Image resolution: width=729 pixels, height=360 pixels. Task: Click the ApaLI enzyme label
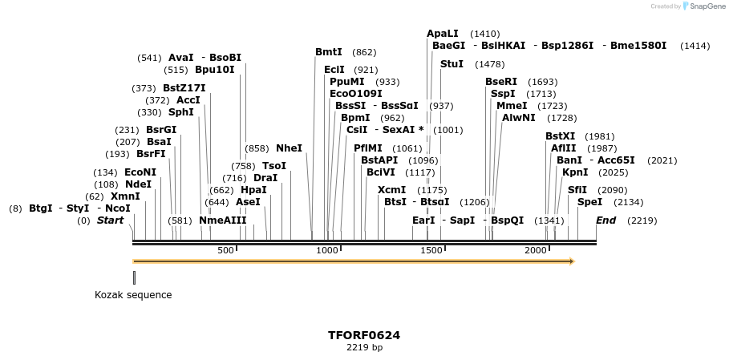(x=443, y=34)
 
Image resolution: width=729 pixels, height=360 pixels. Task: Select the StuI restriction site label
(x=452, y=64)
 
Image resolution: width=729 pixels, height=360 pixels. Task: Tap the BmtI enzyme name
(x=329, y=52)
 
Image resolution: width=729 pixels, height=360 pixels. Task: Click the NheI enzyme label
(x=289, y=148)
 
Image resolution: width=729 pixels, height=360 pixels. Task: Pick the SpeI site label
(x=589, y=202)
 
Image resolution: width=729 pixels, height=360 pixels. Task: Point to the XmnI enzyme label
(x=125, y=196)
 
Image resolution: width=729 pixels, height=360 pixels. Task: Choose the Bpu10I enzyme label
(x=215, y=70)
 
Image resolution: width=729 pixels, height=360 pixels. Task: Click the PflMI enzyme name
(x=368, y=148)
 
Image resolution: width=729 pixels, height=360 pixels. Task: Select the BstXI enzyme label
(x=560, y=136)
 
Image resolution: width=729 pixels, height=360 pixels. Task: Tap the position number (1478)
(x=489, y=64)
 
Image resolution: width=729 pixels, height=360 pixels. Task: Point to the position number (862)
(x=364, y=52)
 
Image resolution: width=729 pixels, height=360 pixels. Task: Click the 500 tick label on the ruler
(x=225, y=251)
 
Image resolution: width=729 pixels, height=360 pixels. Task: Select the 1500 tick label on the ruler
(x=431, y=251)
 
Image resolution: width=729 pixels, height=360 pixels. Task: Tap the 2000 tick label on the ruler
(x=535, y=251)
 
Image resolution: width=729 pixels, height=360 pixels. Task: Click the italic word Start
(x=111, y=220)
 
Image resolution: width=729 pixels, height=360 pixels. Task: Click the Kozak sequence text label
(x=133, y=294)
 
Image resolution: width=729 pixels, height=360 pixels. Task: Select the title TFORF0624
(x=364, y=335)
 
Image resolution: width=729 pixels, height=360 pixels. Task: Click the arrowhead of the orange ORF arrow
(x=572, y=261)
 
